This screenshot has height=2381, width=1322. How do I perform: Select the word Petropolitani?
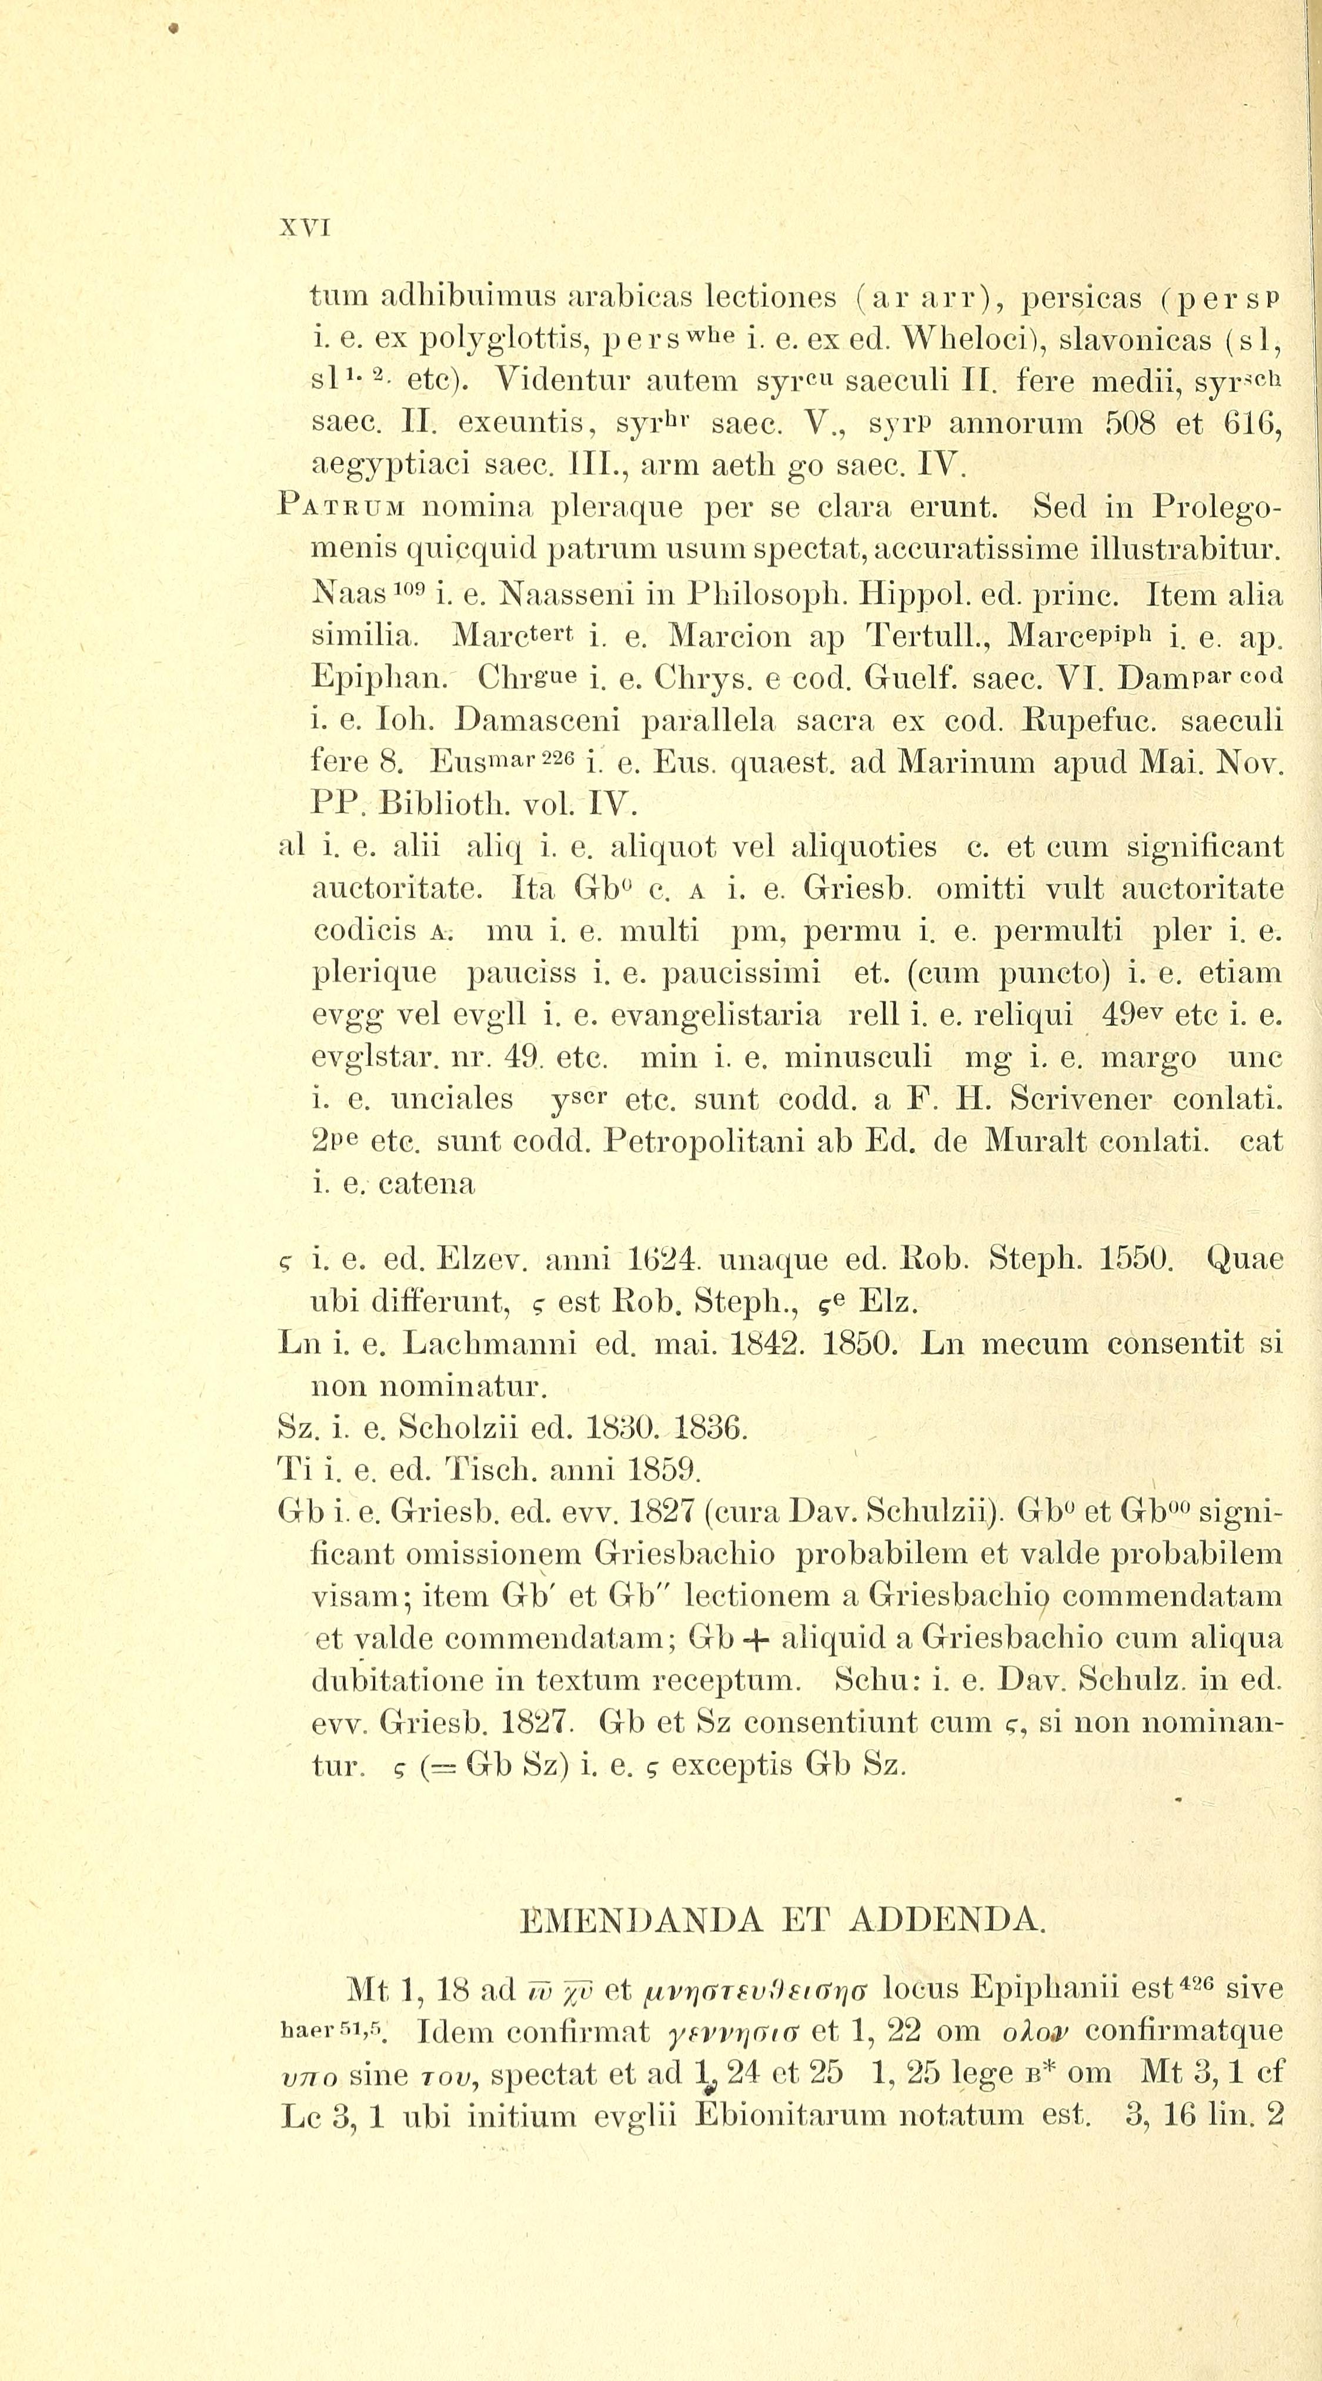(707, 1142)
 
